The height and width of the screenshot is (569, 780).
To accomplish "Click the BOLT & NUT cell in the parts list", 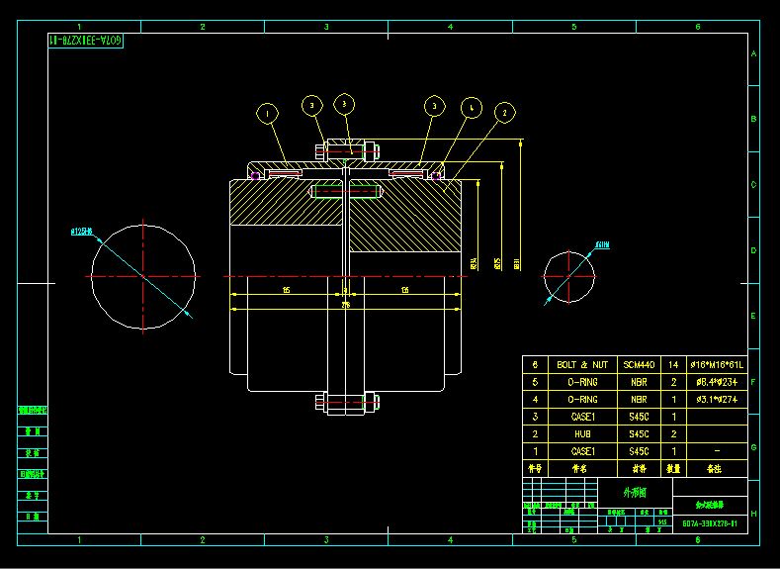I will [x=571, y=365].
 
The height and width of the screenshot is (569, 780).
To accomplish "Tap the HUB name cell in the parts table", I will [x=571, y=433].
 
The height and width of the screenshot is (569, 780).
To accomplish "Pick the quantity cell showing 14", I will [x=674, y=365].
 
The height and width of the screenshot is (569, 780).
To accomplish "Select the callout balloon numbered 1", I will [x=267, y=115].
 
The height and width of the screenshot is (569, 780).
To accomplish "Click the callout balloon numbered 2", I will [x=504, y=114].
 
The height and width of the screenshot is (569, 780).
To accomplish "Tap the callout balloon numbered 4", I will [x=472, y=106].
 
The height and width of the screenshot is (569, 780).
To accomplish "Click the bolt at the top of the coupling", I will [x=346, y=152].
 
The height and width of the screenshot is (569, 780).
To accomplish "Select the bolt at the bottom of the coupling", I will [x=346, y=402].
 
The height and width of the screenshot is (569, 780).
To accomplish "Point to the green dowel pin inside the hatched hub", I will [x=346, y=192].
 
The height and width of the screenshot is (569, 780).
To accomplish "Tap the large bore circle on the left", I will [x=143, y=276].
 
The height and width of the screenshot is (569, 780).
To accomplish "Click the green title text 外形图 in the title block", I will [x=635, y=492].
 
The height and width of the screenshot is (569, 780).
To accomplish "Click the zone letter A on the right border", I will [x=754, y=54].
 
